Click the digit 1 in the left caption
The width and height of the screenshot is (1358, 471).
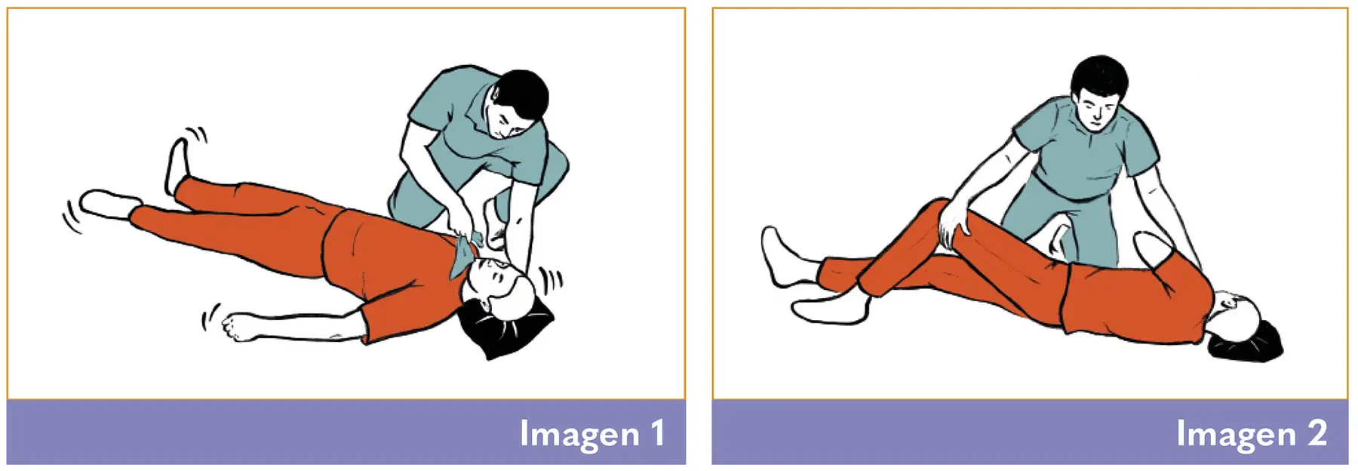click(658, 433)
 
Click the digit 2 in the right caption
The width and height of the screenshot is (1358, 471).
click(1317, 433)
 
